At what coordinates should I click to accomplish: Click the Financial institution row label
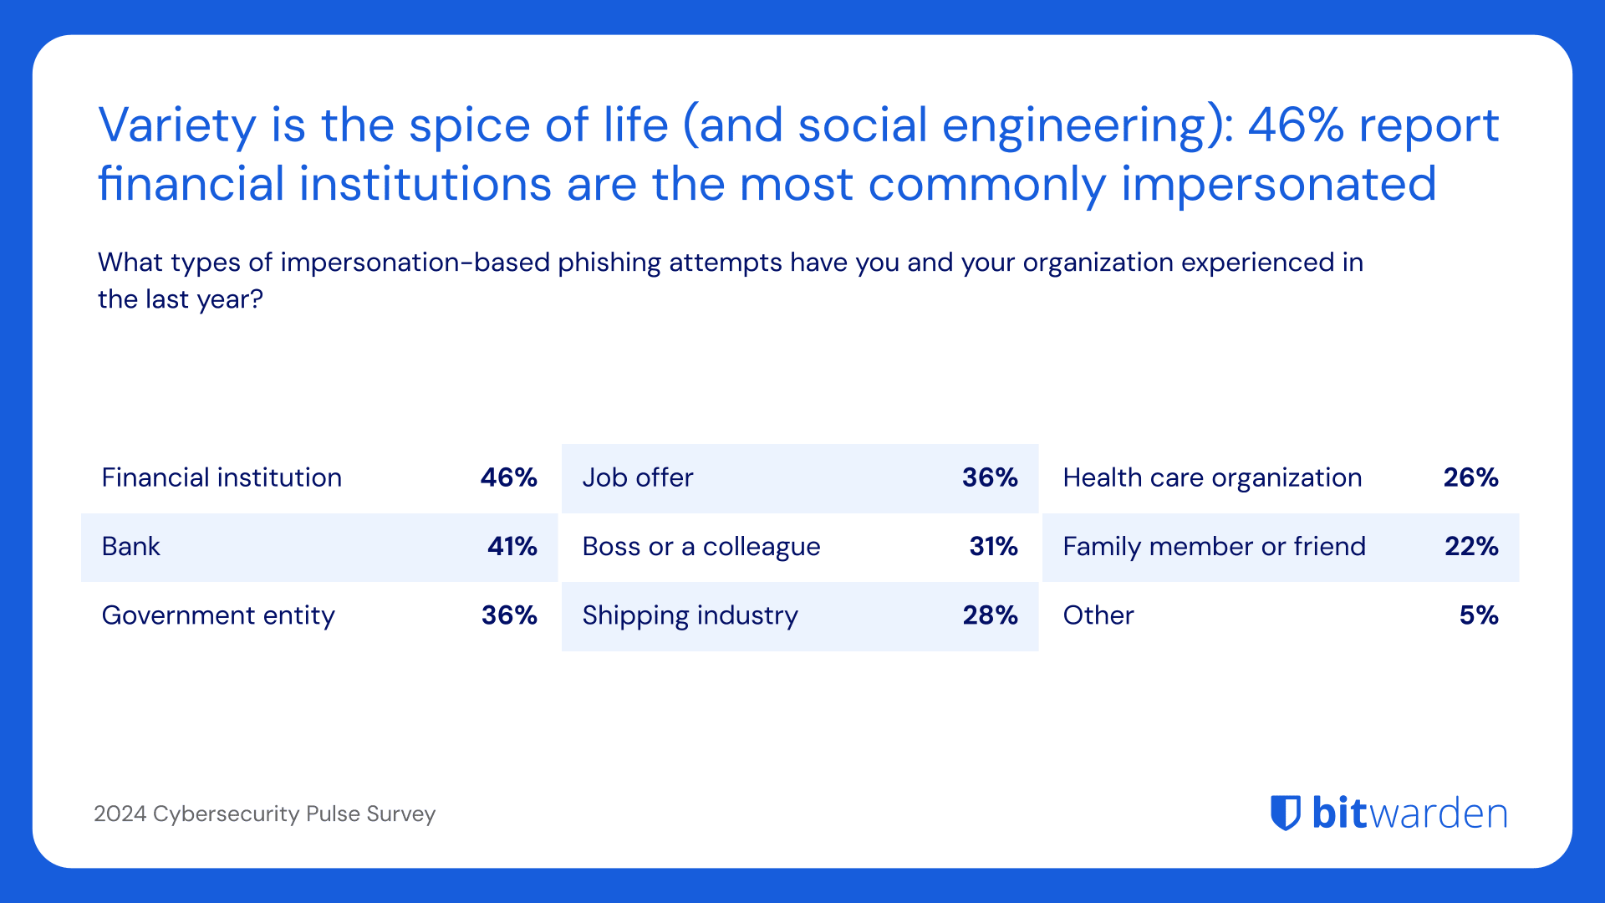(222, 477)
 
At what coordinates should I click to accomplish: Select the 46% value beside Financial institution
(508, 477)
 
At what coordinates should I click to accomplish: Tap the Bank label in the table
(130, 546)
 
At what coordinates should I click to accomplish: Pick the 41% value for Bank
(512, 546)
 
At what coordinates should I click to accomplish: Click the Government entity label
(218, 615)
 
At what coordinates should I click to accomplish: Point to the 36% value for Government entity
(508, 615)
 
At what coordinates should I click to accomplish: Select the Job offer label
(638, 477)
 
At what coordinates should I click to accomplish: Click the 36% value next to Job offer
(990, 477)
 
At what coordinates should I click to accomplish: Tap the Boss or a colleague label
(701, 546)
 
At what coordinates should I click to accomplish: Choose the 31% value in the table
(993, 546)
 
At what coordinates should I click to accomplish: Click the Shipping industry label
(690, 615)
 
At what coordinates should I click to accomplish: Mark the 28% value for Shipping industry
(990, 615)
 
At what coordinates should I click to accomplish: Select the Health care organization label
(1212, 477)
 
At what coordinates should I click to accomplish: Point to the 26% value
(1470, 477)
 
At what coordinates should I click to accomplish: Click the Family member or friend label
(1214, 546)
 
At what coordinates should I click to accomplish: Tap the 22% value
(1471, 546)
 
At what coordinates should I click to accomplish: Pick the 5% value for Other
(1479, 615)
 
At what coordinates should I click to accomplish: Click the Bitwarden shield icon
(1286, 813)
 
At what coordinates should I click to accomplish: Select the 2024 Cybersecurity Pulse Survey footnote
(264, 814)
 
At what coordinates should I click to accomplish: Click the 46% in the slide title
(1296, 125)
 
